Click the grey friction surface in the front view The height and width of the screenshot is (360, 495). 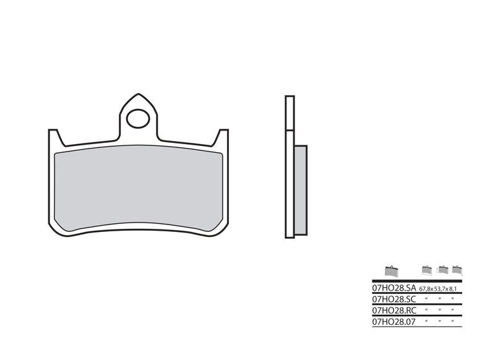pos(139,186)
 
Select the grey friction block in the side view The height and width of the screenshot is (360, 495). pos(300,189)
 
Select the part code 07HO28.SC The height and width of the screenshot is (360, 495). pos(394,298)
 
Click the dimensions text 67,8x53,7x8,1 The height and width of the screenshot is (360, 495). pos(441,289)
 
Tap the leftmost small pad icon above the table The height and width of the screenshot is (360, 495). pos(391,270)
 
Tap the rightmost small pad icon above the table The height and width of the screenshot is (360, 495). pos(457,270)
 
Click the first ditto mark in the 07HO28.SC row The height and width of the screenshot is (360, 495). pos(427,298)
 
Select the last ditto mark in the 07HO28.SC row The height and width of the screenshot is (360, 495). pos(453,298)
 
